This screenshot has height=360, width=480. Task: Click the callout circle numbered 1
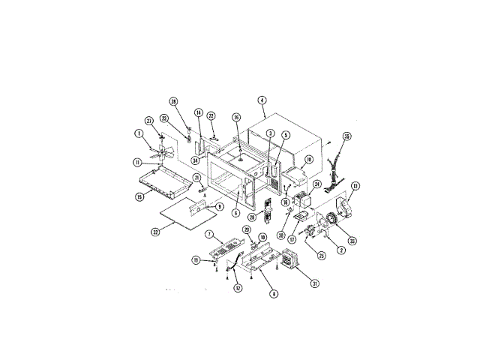[x=139, y=134]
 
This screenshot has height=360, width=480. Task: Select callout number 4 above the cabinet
[x=262, y=100]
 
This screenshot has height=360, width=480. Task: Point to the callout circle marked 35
[x=346, y=136]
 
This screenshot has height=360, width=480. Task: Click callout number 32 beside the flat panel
[x=155, y=232]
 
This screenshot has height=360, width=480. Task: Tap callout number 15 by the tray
[x=139, y=196]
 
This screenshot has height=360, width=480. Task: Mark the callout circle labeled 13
[x=355, y=185]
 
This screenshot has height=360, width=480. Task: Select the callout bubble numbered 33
[x=352, y=241]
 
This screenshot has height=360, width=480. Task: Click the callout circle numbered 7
[x=210, y=235]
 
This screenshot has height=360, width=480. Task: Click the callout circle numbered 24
[x=316, y=184]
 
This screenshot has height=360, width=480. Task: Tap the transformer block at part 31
[x=286, y=262]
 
